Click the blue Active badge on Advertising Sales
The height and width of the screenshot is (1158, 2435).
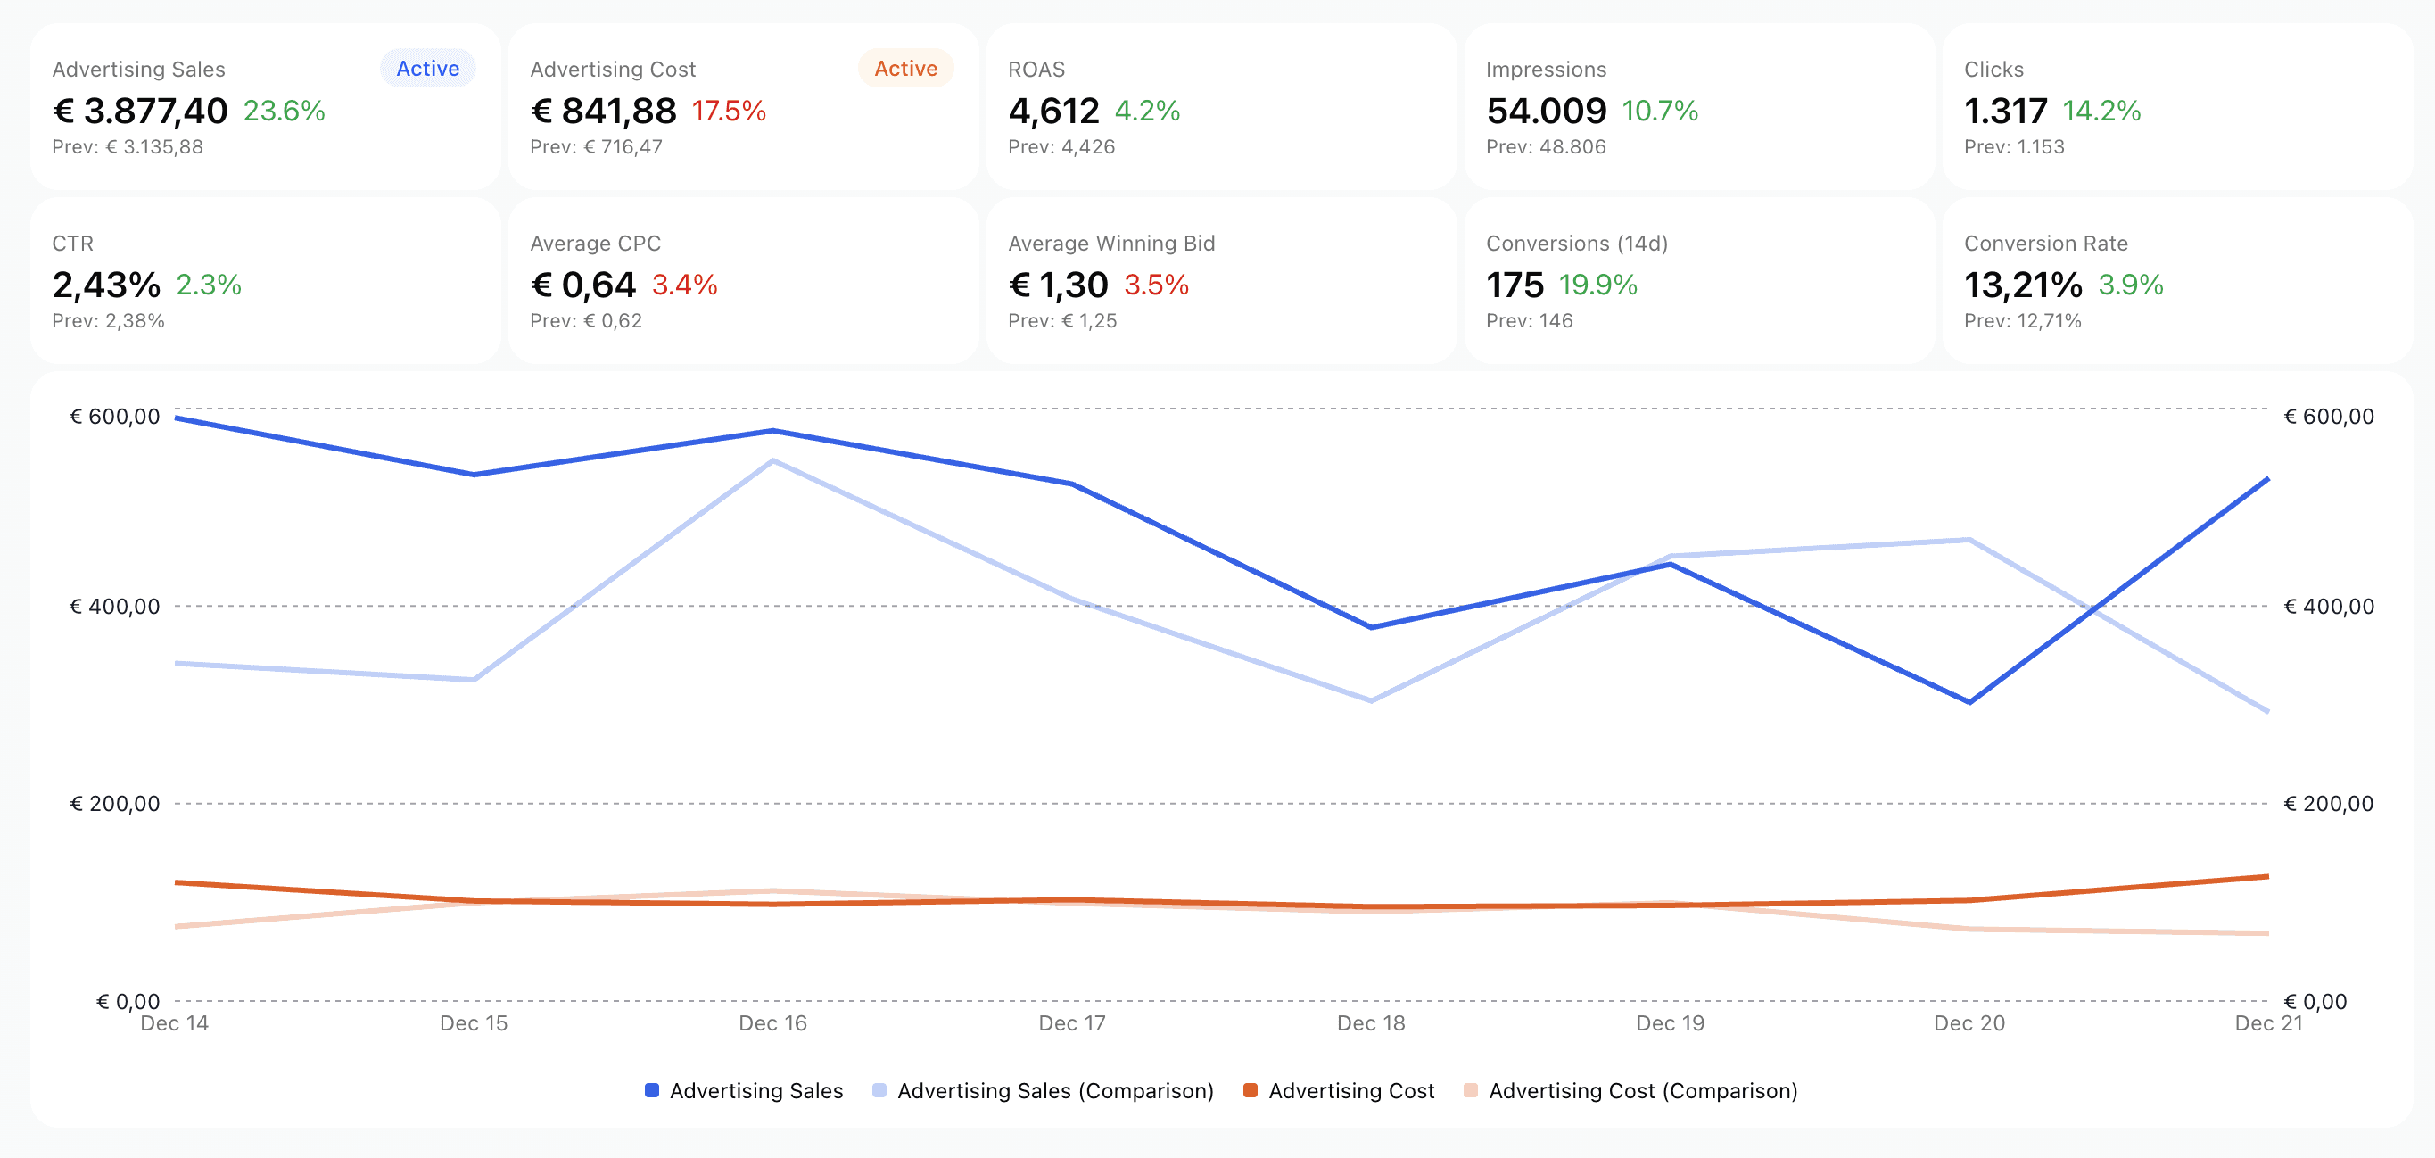click(x=427, y=68)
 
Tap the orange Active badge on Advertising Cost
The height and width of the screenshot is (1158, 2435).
click(x=904, y=68)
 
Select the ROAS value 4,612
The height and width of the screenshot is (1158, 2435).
click(x=1053, y=111)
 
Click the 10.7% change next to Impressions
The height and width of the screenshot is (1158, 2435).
click(x=1659, y=111)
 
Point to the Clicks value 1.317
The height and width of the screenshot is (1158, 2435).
click(x=2005, y=111)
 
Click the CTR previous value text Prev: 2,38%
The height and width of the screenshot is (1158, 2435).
click(x=108, y=320)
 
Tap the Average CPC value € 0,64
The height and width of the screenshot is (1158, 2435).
click(x=583, y=285)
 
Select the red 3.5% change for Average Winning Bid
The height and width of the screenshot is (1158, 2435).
click(x=1155, y=285)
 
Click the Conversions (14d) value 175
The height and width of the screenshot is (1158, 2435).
click(x=1515, y=285)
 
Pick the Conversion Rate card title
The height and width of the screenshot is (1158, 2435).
click(x=2045, y=243)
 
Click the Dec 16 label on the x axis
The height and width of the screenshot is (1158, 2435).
click(x=772, y=1022)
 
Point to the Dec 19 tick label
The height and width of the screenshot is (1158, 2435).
click(x=1670, y=1022)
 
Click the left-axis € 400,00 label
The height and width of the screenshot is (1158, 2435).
click(x=114, y=606)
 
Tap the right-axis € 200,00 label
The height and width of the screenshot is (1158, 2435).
click(x=2328, y=804)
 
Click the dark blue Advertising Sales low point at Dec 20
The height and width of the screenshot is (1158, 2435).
click(x=1969, y=702)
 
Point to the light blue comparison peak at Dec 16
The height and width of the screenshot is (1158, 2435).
click(x=773, y=460)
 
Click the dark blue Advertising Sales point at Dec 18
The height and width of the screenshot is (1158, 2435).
click(x=1371, y=627)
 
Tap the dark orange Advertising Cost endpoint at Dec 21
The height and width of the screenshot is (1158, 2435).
click(x=2266, y=877)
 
